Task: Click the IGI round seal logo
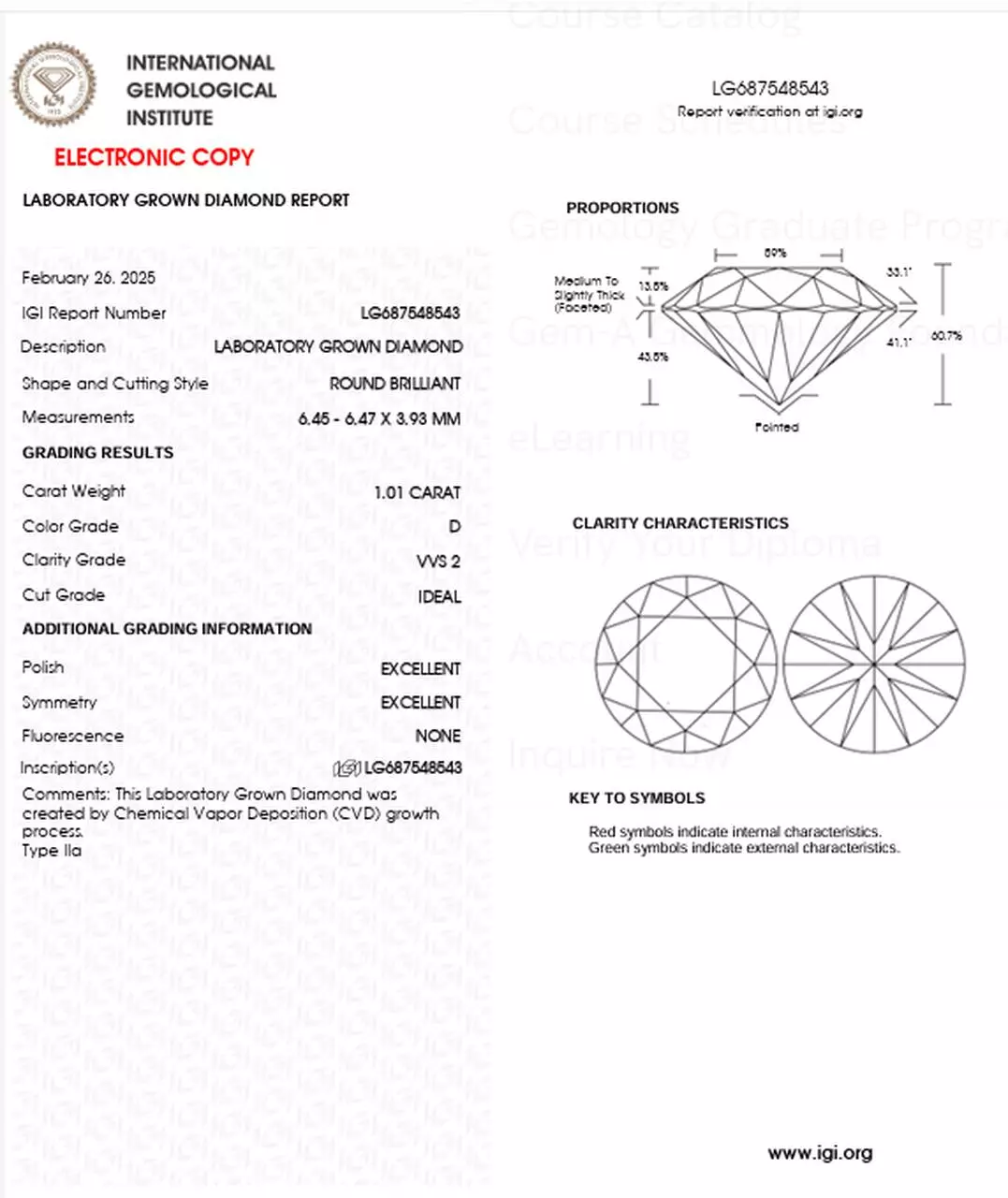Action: [53, 84]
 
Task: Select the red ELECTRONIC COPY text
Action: [154, 157]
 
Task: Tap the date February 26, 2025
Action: [89, 278]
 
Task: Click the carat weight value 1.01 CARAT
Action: [417, 492]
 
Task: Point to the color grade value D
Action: [454, 527]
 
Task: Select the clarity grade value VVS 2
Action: [439, 562]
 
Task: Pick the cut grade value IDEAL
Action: [440, 597]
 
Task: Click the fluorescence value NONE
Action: [438, 737]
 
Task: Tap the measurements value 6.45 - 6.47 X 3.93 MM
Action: [379, 419]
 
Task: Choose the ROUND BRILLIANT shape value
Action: [395, 384]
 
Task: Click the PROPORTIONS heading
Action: [622, 208]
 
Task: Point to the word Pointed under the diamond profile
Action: [777, 428]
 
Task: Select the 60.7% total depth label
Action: [946, 336]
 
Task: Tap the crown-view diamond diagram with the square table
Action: [685, 665]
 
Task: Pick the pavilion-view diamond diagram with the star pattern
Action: [873, 665]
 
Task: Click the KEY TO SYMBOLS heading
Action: [636, 798]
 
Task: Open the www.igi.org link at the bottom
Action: [820, 1153]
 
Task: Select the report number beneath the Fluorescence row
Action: [412, 767]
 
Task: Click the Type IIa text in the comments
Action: [52, 851]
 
